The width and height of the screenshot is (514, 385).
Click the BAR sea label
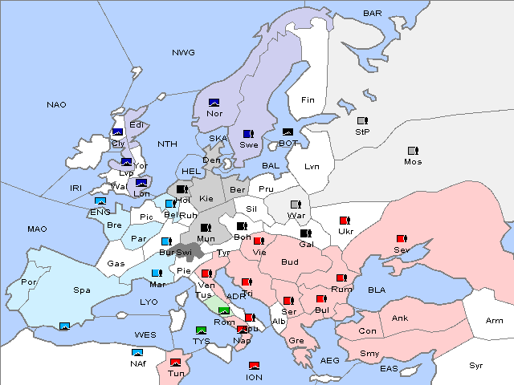372,14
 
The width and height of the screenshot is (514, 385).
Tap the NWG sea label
183,52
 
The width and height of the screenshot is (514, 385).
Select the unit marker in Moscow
413,151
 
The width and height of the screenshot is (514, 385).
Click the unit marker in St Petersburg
362,121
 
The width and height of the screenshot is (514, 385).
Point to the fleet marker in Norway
214,103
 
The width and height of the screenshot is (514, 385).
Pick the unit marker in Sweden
248,134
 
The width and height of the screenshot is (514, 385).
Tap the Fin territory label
308,100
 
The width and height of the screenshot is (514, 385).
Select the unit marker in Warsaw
296,205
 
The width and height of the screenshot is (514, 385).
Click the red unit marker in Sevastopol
402,239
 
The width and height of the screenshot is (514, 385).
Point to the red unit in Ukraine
345,221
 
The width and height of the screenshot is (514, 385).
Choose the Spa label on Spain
81,290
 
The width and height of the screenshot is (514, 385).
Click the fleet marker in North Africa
138,352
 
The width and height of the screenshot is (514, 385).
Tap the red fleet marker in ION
254,366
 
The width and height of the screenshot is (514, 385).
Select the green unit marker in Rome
224,311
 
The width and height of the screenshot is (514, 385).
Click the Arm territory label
494,321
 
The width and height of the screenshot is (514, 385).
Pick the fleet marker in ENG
100,201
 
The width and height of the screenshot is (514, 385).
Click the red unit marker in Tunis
175,362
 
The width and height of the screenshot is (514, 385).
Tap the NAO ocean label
56,105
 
